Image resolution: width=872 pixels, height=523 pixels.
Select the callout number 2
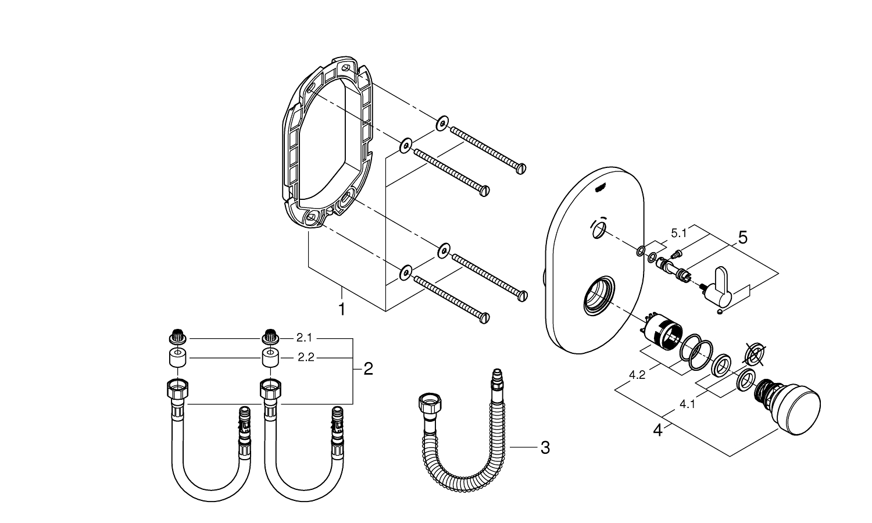coord(368,368)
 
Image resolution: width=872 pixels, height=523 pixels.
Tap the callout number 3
coord(545,447)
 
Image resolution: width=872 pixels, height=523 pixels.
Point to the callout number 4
coord(658,431)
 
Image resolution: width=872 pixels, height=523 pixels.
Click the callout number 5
coord(742,237)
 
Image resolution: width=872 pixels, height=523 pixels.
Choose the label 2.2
coord(306,357)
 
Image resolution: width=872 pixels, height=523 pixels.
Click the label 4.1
coord(687,405)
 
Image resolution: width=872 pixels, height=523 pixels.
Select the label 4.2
coord(637,375)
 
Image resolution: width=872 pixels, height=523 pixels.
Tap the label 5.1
coord(679,233)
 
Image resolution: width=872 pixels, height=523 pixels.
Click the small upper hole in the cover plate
coord(597,231)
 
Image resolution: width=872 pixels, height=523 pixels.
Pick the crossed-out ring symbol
coord(754,354)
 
